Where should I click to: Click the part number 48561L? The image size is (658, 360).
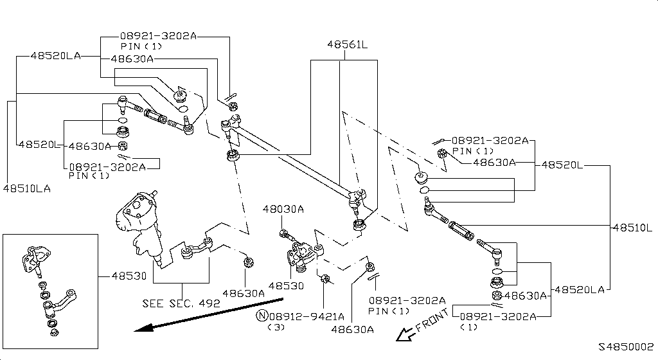point(347,46)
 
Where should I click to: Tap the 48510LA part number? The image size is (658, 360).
point(26,188)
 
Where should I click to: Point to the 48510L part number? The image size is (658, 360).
point(632,228)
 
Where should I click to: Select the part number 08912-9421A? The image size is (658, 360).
point(307,316)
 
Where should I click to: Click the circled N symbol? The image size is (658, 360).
point(262,316)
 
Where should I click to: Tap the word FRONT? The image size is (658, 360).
point(432,321)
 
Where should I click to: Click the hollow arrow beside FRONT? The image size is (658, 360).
point(405,334)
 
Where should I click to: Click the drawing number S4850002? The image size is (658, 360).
point(626,346)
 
